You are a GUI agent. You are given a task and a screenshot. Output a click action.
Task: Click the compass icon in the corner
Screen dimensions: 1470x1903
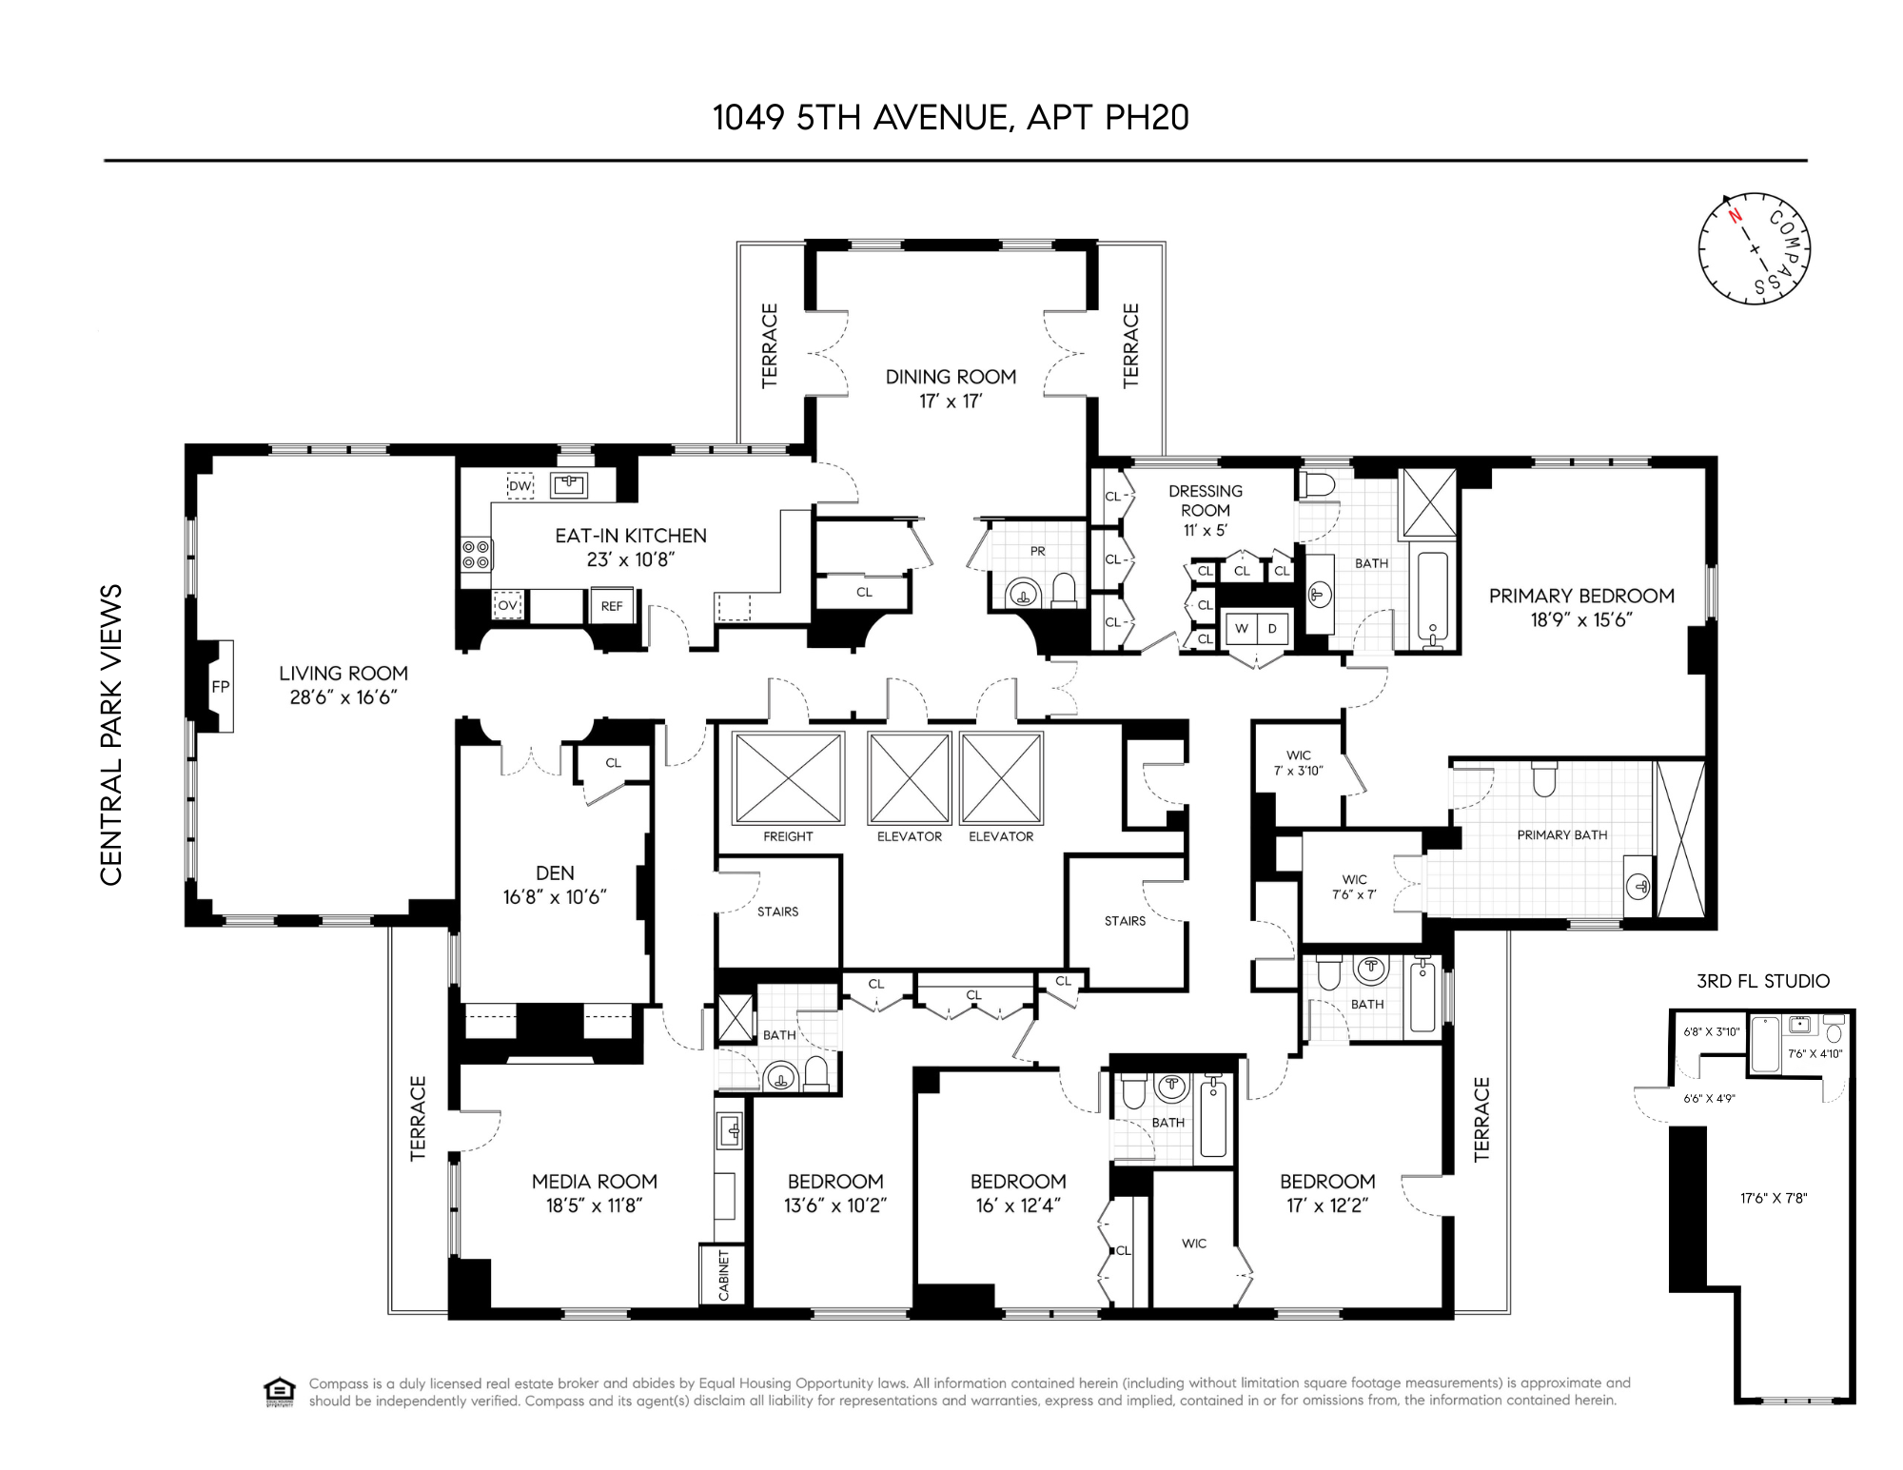[1754, 249]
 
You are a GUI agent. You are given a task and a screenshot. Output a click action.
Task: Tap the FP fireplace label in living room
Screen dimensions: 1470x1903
[220, 686]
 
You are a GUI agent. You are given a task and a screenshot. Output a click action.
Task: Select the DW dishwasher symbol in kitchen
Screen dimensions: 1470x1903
[520, 485]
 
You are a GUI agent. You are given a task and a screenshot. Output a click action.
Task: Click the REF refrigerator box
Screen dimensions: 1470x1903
[612, 606]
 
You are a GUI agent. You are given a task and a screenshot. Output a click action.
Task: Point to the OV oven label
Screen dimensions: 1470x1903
[507, 605]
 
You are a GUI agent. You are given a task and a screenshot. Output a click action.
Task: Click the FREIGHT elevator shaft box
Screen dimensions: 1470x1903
[788, 777]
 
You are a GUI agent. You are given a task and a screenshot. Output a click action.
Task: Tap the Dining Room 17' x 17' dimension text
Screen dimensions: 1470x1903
[950, 402]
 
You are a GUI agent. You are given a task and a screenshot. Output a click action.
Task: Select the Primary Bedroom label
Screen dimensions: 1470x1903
[1580, 596]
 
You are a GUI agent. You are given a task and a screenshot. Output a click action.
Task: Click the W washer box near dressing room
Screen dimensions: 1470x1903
[1241, 629]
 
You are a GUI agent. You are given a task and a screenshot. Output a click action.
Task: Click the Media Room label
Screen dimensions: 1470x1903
[594, 1182]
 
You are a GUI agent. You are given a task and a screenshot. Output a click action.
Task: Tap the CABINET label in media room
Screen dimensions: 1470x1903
[723, 1276]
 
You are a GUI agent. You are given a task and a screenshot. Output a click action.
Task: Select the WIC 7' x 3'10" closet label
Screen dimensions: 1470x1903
[1298, 763]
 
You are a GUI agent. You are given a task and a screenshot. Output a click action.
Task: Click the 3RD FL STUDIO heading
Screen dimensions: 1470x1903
[1762, 981]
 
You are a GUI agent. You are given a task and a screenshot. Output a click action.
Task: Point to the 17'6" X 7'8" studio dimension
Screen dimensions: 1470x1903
[1773, 1198]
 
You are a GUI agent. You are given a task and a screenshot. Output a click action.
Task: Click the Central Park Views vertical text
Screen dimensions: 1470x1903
[111, 734]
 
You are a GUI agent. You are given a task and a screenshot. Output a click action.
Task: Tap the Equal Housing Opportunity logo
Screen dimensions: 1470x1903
[279, 1391]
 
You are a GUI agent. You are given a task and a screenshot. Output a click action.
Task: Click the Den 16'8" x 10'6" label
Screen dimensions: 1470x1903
[555, 885]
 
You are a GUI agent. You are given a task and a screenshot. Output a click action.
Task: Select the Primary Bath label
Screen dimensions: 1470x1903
[1561, 834]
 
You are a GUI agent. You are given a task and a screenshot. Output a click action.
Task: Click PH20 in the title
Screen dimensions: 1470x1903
[1147, 117]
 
